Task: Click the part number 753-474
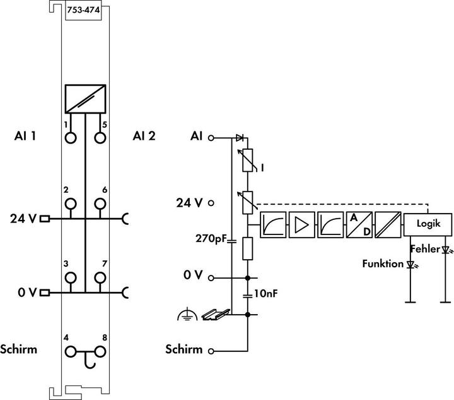tap(83, 10)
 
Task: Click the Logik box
tap(428, 224)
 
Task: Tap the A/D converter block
tap(359, 225)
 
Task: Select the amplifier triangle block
tap(301, 225)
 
